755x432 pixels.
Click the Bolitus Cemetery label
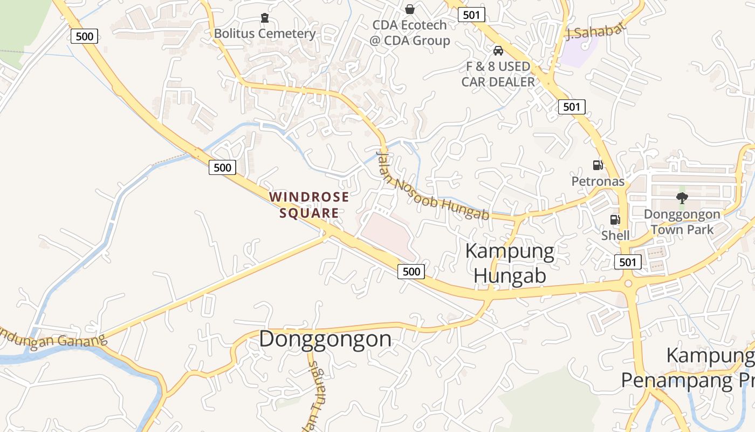(264, 33)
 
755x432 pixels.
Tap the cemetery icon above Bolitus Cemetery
(264, 18)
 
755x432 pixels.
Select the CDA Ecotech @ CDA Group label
(410, 33)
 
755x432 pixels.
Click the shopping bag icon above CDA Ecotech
(410, 9)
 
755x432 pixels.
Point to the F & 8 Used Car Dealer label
(498, 74)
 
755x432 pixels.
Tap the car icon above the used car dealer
(498, 51)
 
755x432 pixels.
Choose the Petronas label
(598, 181)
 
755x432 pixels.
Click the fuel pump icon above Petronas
(598, 165)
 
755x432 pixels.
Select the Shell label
(615, 235)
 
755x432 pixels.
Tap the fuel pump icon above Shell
(615, 220)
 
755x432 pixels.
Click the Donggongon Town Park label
(682, 222)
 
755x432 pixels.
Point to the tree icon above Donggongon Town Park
(682, 198)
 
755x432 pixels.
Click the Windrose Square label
(309, 205)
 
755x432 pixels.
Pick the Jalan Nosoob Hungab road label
(431, 186)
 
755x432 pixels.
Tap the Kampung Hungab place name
(509, 263)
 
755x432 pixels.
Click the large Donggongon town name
(325, 339)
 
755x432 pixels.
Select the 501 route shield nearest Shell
(628, 262)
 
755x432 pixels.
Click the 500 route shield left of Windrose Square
(222, 167)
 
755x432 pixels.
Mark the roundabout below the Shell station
(628, 283)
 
